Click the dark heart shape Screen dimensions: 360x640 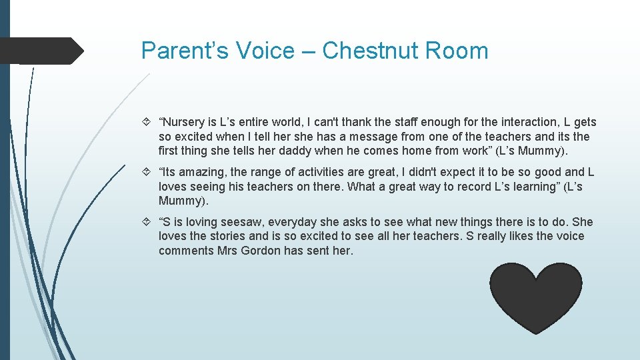coord(536,297)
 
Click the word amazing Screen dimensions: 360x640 coord(199,172)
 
